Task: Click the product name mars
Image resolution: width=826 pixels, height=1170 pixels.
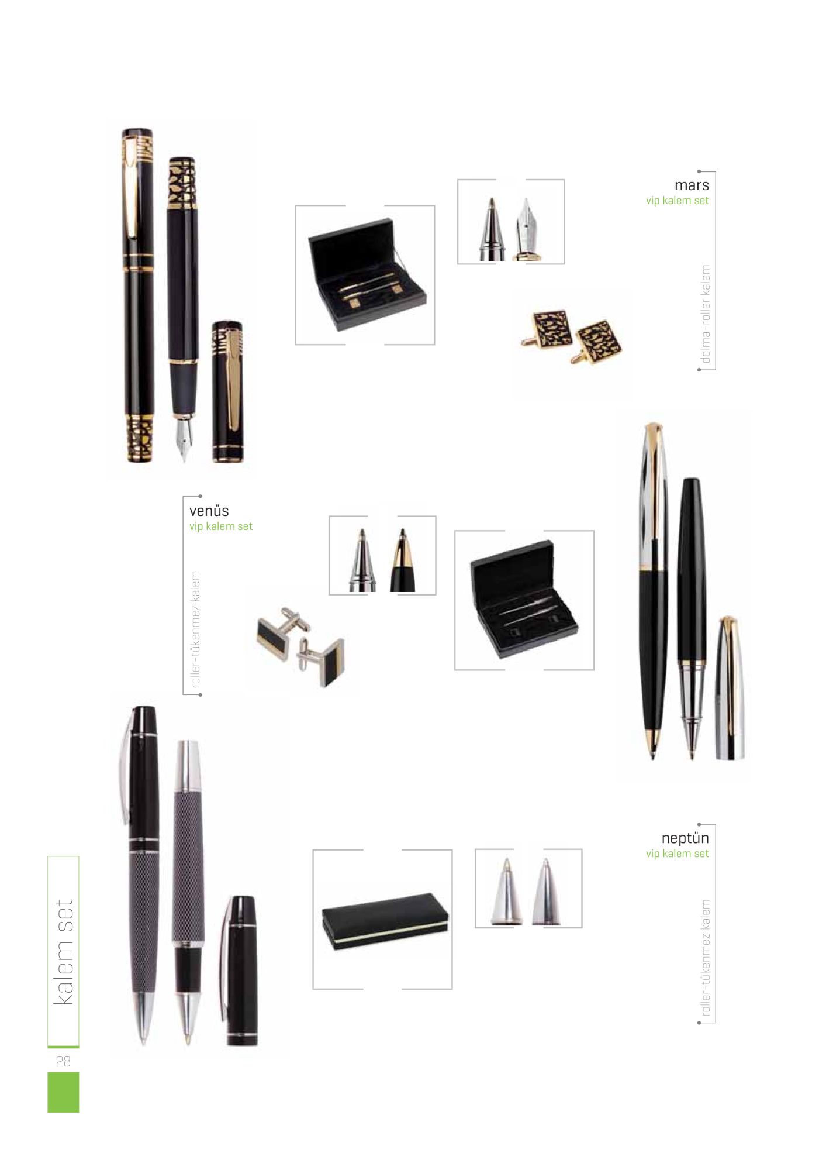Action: pos(691,185)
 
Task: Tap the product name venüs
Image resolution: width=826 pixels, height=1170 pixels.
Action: pos(209,511)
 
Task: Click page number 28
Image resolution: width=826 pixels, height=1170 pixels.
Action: pos(63,1061)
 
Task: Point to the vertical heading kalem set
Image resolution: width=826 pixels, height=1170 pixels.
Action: pos(64,952)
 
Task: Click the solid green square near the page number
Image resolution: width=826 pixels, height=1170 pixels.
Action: pos(63,1092)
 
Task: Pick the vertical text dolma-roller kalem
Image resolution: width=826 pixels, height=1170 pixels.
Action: pos(706,314)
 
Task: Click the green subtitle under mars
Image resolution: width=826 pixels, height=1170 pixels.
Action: pos(677,201)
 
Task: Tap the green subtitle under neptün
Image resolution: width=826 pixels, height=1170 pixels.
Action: pos(677,854)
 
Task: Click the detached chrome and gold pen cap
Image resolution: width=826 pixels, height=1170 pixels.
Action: pos(730,688)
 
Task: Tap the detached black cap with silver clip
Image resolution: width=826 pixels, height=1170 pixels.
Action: pos(240,971)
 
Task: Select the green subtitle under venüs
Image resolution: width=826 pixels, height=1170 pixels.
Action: pos(221,526)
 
